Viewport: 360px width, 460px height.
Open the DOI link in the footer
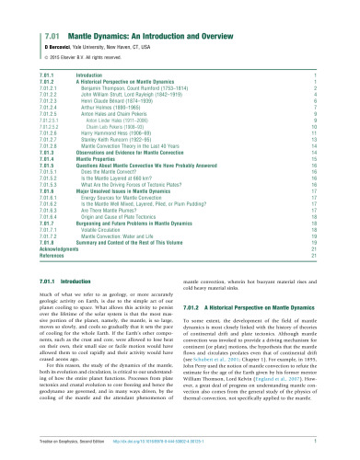[178, 445]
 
